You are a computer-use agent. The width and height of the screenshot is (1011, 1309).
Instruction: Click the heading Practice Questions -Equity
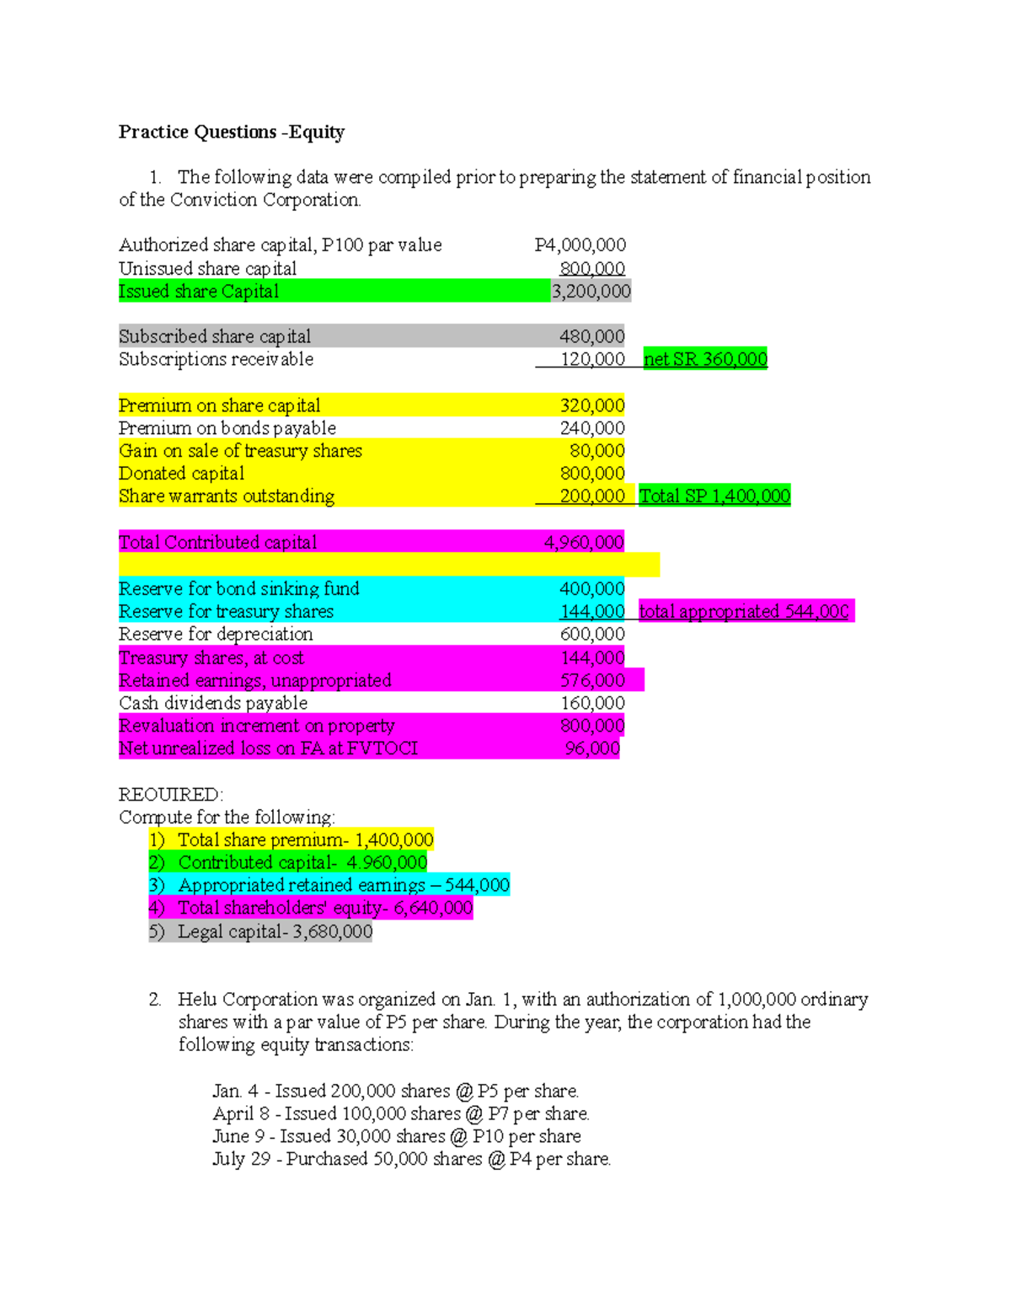click(232, 132)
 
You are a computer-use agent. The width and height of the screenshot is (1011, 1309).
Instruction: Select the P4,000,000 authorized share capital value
click(580, 245)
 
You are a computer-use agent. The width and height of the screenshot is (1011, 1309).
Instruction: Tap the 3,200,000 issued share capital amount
click(591, 292)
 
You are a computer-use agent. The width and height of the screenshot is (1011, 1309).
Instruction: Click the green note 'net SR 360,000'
click(705, 359)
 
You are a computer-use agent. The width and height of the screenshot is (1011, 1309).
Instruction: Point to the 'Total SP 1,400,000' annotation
click(714, 496)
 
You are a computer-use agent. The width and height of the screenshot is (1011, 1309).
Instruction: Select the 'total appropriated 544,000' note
click(744, 611)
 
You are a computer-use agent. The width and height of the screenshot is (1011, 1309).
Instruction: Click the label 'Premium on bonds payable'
click(227, 428)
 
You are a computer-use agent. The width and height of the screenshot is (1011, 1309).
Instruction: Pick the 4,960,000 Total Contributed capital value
click(584, 542)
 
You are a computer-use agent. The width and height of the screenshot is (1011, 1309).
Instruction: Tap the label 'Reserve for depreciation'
click(216, 634)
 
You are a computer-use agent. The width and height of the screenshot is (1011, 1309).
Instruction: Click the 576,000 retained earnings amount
click(592, 680)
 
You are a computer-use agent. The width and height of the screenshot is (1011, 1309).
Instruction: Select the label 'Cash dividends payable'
click(213, 703)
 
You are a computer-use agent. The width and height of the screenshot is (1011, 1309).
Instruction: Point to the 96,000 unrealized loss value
click(592, 748)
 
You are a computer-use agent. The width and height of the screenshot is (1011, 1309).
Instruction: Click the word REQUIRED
click(171, 795)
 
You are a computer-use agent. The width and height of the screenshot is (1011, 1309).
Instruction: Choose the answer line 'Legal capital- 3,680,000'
click(275, 931)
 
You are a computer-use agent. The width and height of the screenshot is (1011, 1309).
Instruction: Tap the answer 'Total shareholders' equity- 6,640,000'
click(324, 908)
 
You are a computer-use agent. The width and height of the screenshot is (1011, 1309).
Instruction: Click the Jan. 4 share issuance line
click(395, 1091)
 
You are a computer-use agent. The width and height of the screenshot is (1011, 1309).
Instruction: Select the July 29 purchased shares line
click(411, 1159)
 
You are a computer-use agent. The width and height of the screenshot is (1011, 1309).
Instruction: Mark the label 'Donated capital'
click(182, 474)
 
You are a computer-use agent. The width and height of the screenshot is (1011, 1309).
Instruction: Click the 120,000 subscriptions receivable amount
click(592, 359)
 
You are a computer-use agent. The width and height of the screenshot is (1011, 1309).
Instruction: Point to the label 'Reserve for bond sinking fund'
click(239, 588)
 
